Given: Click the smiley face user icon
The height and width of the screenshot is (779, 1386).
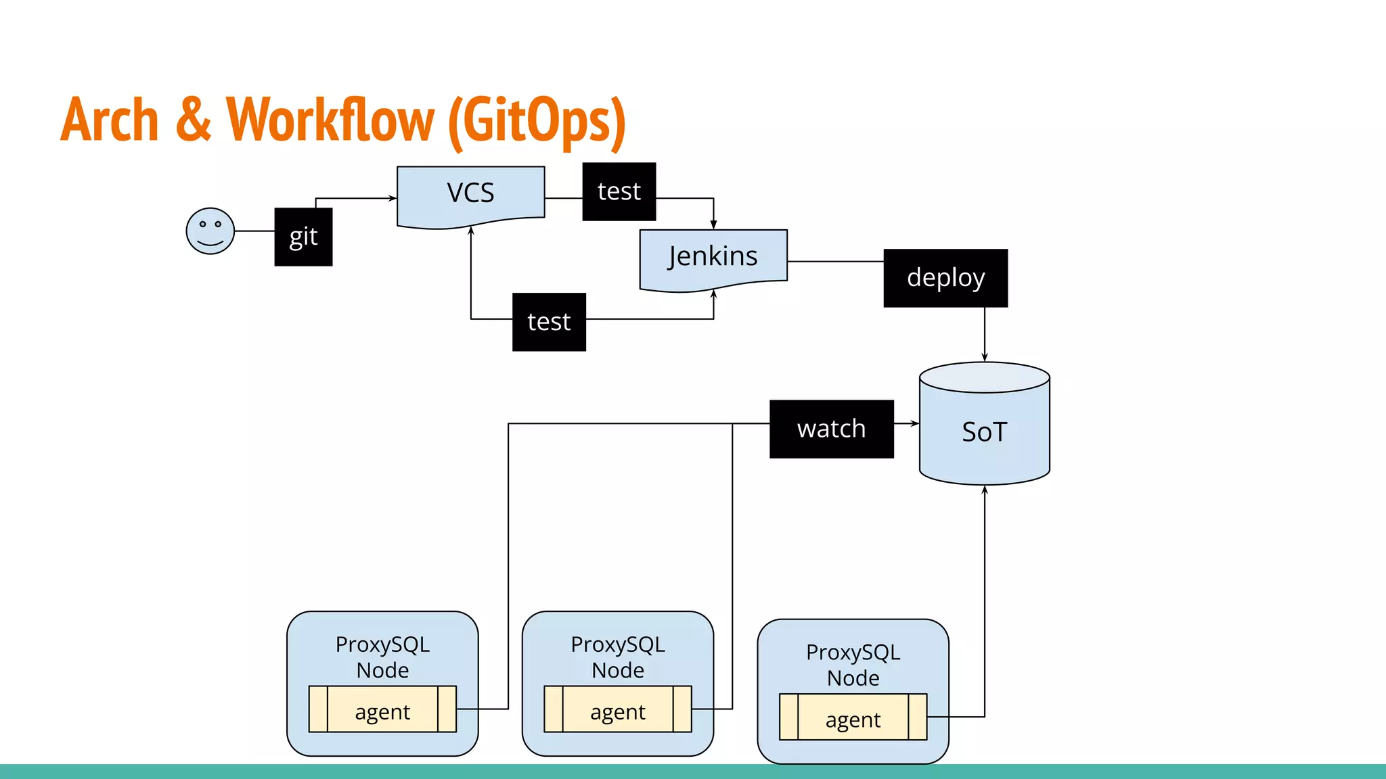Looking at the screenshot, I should pyautogui.click(x=210, y=231).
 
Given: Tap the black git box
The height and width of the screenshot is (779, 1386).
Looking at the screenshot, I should pyautogui.click(x=303, y=237).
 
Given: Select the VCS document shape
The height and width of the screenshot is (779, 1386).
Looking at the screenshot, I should pyautogui.click(x=470, y=194).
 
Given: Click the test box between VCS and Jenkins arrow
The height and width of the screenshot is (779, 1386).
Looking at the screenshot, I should pyautogui.click(x=619, y=191).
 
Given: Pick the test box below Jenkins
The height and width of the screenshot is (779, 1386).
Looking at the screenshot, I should pyautogui.click(x=549, y=322).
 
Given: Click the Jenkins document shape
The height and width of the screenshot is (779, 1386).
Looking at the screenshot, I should pyautogui.click(x=713, y=258).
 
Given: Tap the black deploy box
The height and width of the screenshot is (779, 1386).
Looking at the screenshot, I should pyautogui.click(x=945, y=278).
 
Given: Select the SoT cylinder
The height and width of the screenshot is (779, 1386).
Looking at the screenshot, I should pyautogui.click(x=984, y=431).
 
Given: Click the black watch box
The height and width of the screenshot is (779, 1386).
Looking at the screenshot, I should pyautogui.click(x=831, y=429).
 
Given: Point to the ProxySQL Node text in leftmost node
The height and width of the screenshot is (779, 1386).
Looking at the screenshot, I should pyautogui.click(x=382, y=657).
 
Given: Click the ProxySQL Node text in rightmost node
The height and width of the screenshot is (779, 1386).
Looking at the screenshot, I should pyautogui.click(x=853, y=665).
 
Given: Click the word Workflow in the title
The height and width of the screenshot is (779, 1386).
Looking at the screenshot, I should pyautogui.click(x=330, y=120).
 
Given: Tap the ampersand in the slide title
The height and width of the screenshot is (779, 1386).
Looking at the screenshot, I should pyautogui.click(x=194, y=120).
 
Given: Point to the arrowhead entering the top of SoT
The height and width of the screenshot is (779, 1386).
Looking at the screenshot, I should pyautogui.click(x=985, y=358).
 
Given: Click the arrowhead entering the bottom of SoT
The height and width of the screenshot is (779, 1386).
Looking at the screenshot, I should pyautogui.click(x=985, y=490).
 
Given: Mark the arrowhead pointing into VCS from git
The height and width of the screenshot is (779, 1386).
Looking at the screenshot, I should pyautogui.click(x=393, y=198).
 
